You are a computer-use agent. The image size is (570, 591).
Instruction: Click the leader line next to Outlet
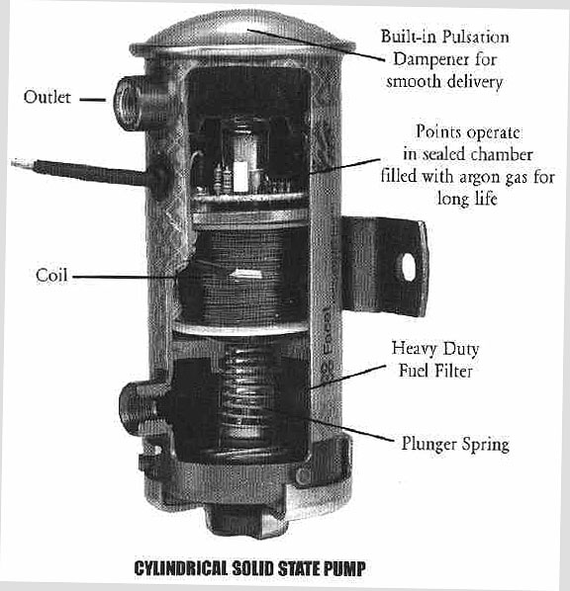[92, 99]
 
